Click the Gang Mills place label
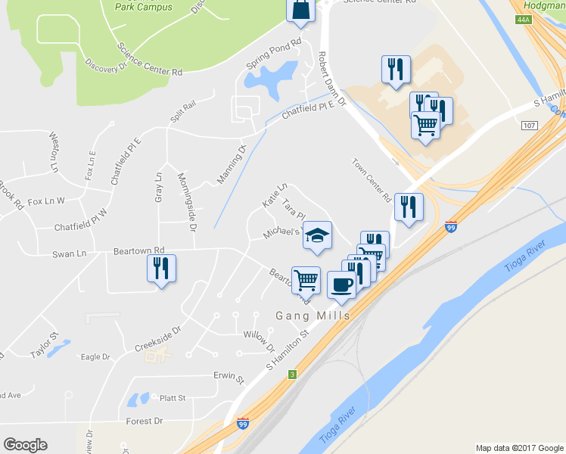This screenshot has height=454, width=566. click(313, 316)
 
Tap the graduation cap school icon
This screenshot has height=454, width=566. click(317, 236)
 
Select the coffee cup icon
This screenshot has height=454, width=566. click(341, 285)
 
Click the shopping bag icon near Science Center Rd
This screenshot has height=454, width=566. click(299, 10)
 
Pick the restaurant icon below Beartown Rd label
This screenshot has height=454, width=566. click(161, 269)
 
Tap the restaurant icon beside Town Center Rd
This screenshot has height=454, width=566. click(409, 207)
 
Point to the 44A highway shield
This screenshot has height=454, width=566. click(524, 20)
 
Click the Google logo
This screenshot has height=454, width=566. click(25, 444)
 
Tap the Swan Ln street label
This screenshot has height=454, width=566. click(69, 253)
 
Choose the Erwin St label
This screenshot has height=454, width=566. click(229, 377)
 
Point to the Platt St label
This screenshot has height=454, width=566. click(173, 398)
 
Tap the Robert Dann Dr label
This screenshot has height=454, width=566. click(330, 78)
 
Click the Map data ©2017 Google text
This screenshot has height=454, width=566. click(518, 448)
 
